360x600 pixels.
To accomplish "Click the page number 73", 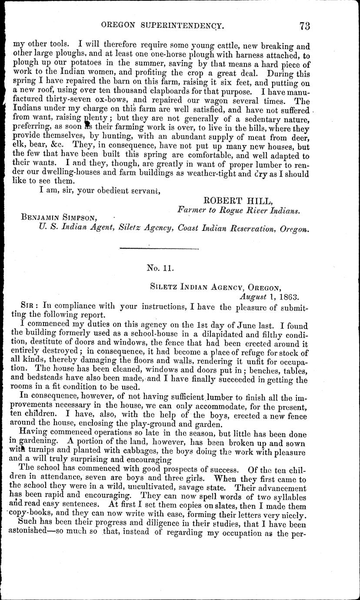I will point(304,26).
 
